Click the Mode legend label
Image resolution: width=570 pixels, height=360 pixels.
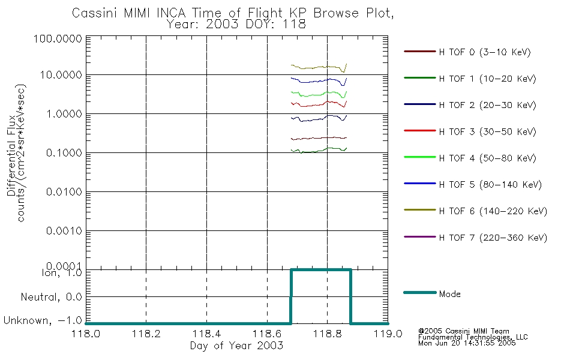click(449, 294)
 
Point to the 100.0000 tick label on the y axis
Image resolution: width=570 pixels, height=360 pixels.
click(58, 38)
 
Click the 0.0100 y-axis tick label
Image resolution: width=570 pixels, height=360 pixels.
click(64, 191)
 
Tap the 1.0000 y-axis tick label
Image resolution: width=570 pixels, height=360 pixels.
click(64, 114)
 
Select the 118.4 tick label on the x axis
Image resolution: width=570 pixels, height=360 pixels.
click(206, 334)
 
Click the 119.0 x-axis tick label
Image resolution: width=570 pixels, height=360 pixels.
click(388, 334)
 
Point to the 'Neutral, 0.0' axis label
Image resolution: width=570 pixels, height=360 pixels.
click(51, 297)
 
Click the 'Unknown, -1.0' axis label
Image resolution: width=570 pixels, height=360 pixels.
click(43, 320)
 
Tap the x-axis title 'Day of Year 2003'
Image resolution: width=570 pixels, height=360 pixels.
click(236, 346)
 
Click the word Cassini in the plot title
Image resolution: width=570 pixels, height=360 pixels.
click(95, 13)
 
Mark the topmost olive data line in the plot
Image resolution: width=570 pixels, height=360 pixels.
click(319, 67)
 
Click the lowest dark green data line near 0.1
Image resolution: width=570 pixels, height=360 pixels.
click(319, 150)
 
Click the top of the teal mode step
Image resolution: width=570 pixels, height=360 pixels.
click(321, 270)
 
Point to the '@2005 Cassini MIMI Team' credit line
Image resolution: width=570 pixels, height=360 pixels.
click(463, 331)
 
